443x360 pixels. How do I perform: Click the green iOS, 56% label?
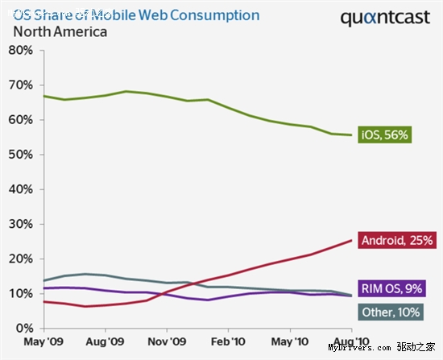[384, 134]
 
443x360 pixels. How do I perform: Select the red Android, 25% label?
[397, 240]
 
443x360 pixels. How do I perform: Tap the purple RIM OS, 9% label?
[391, 288]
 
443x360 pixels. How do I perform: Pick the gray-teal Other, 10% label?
[391, 312]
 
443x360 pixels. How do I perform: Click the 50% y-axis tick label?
[21, 155]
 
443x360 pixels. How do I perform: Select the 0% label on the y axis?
[25, 329]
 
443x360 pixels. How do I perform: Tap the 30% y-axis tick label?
[21, 224]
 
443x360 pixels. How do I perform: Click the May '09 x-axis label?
[43, 341]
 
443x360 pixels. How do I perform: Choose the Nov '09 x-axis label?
[167, 341]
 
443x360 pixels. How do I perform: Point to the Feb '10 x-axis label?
[228, 341]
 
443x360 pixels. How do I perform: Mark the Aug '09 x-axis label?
[105, 341]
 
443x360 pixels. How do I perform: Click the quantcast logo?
[385, 18]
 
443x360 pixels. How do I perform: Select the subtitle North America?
[60, 31]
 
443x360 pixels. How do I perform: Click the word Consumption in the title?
[215, 15]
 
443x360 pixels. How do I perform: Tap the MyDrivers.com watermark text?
[359, 348]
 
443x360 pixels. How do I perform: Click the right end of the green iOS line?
[351, 135]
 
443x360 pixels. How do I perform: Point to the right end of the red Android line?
[351, 240]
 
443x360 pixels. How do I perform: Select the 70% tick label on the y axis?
[21, 85]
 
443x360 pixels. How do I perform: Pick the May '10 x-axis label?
[290, 341]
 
